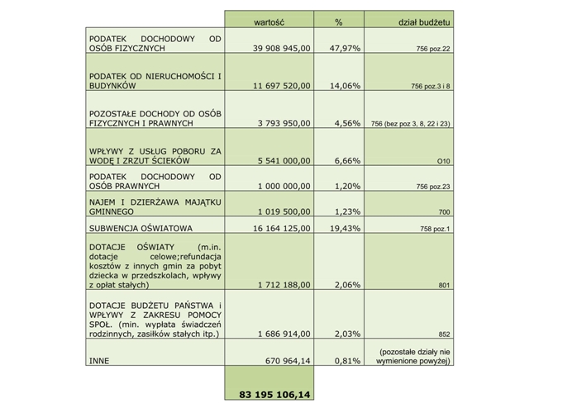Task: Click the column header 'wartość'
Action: pos(269,22)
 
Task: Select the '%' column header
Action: pos(339,22)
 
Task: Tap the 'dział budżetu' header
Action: pos(424,22)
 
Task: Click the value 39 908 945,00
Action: pos(282,48)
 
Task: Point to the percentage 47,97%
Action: pos(345,48)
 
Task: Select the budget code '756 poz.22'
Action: pos(433,49)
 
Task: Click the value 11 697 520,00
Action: pos(282,86)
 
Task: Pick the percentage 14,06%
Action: pos(345,86)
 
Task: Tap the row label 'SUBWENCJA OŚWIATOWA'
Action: pos(141,229)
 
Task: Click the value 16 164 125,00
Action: pos(282,229)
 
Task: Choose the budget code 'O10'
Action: pos(443,161)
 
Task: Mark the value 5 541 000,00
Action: pos(284,161)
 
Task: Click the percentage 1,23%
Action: pos(347,211)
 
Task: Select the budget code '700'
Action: pos(444,211)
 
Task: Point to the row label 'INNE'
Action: pos(99,361)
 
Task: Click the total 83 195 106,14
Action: pos(274,395)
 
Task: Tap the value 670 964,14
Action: pos(288,361)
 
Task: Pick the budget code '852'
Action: pos(444,334)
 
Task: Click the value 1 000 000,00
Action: pos(284,186)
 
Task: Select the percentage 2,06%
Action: pos(347,285)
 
